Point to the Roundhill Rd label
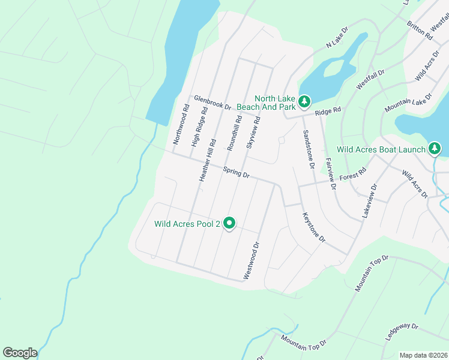[x=234, y=133]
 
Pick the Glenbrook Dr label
[x=212, y=103]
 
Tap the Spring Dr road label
[x=236, y=173]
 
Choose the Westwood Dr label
[x=251, y=261]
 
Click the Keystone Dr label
[x=313, y=227]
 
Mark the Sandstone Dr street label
[x=309, y=149]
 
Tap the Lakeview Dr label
[x=369, y=200]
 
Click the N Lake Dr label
[x=337, y=37]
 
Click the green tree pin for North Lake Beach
[x=304, y=102]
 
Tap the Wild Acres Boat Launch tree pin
[x=435, y=148]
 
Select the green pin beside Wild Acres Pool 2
[x=229, y=224]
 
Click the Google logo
[x=20, y=353]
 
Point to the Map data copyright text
[x=423, y=355]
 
